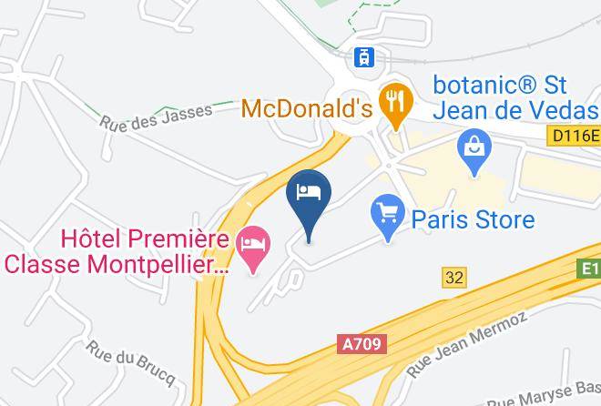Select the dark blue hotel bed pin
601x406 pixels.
309,195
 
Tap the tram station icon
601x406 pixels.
365,56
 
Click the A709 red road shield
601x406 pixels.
362,344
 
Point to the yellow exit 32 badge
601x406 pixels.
453,276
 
